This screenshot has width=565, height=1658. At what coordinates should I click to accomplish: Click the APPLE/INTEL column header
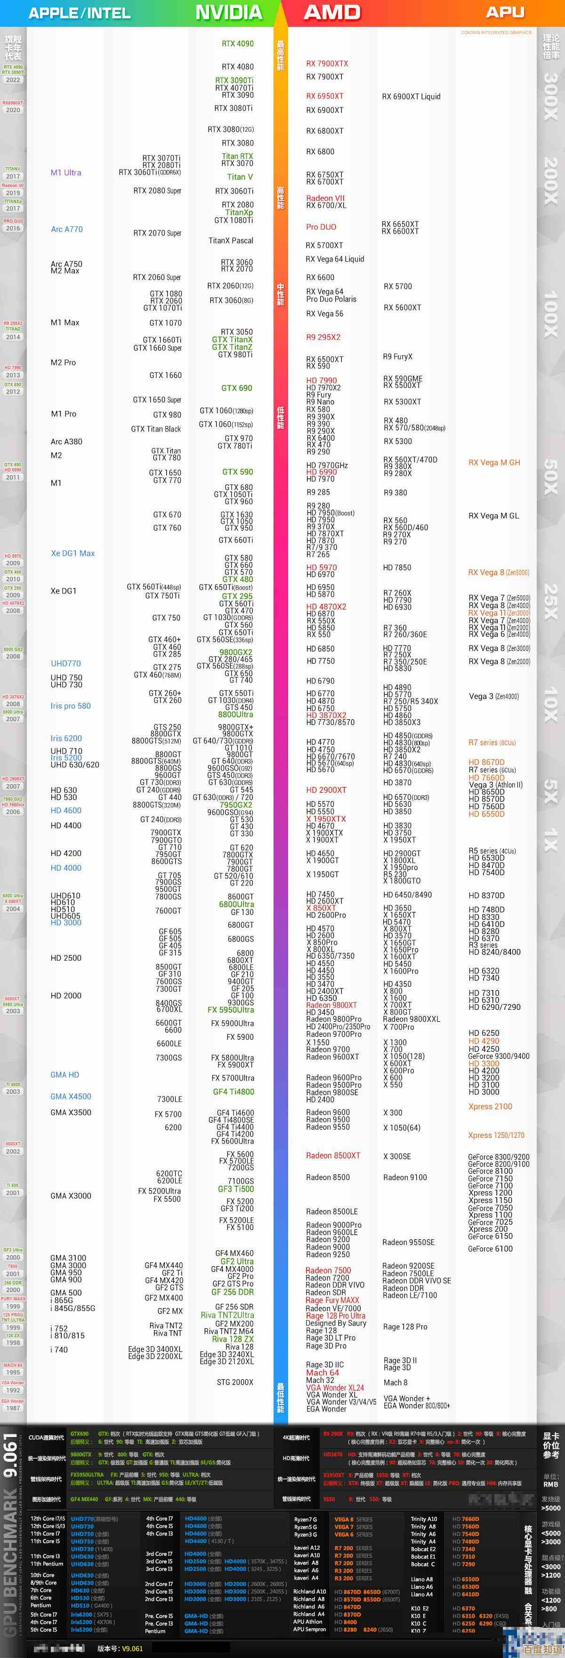pos(80,13)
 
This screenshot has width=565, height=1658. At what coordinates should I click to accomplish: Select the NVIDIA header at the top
pos(228,12)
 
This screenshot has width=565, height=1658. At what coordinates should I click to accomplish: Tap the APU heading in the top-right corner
pos(505,12)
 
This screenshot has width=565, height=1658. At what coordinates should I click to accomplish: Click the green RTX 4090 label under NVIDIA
pos(237,44)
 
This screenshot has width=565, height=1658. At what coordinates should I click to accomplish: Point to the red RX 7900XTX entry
pos(327,64)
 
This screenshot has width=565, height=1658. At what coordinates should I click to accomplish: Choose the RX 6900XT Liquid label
pos(411,97)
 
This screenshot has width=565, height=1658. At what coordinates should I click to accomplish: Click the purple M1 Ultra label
pos(65,172)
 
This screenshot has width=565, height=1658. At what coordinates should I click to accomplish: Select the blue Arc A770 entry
pos(67,229)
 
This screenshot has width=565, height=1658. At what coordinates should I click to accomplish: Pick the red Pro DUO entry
pos(321,227)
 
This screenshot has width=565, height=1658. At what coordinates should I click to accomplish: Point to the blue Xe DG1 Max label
pos(73,553)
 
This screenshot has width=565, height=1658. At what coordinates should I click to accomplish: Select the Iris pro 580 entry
pos(71,706)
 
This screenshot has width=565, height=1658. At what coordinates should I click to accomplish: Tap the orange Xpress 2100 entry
pos(490,1106)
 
